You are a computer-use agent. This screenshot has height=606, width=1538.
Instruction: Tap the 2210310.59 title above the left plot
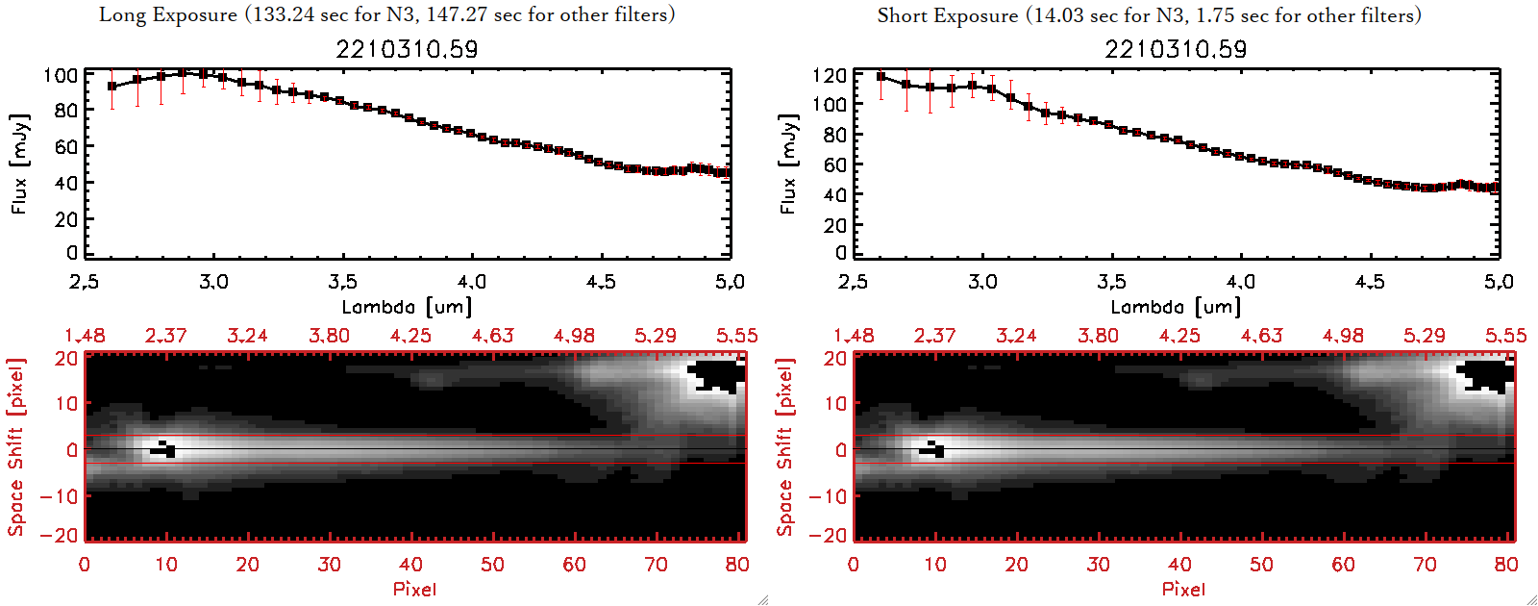pos(407,49)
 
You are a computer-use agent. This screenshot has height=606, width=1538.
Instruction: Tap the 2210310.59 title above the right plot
pos(1176,49)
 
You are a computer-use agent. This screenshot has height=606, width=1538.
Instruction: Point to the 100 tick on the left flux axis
pos(61,75)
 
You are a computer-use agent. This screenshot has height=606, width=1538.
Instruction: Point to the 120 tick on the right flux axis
pos(830,75)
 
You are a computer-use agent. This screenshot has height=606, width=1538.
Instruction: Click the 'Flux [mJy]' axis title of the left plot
pos(20,164)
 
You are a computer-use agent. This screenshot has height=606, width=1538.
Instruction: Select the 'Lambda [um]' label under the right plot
pos(1176,307)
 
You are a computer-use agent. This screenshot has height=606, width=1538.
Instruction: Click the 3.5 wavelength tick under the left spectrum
pos(342,282)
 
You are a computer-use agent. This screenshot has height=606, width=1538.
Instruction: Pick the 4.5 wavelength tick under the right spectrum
pos(1370,282)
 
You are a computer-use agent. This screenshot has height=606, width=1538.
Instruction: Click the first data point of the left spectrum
pos(112,87)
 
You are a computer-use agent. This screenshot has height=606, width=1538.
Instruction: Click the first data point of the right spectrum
pos(881,77)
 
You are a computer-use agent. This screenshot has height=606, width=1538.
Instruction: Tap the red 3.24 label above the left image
pos(247,336)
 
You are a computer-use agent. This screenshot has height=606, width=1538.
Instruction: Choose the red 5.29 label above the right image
pos(1424,336)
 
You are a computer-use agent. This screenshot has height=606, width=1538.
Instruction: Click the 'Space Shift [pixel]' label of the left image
pos(15,447)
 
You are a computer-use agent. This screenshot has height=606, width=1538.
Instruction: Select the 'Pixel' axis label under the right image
pos(1183,589)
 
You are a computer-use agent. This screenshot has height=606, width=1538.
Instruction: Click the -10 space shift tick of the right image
pos(828,496)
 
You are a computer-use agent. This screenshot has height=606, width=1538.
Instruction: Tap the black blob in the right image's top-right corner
pos(1486,375)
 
